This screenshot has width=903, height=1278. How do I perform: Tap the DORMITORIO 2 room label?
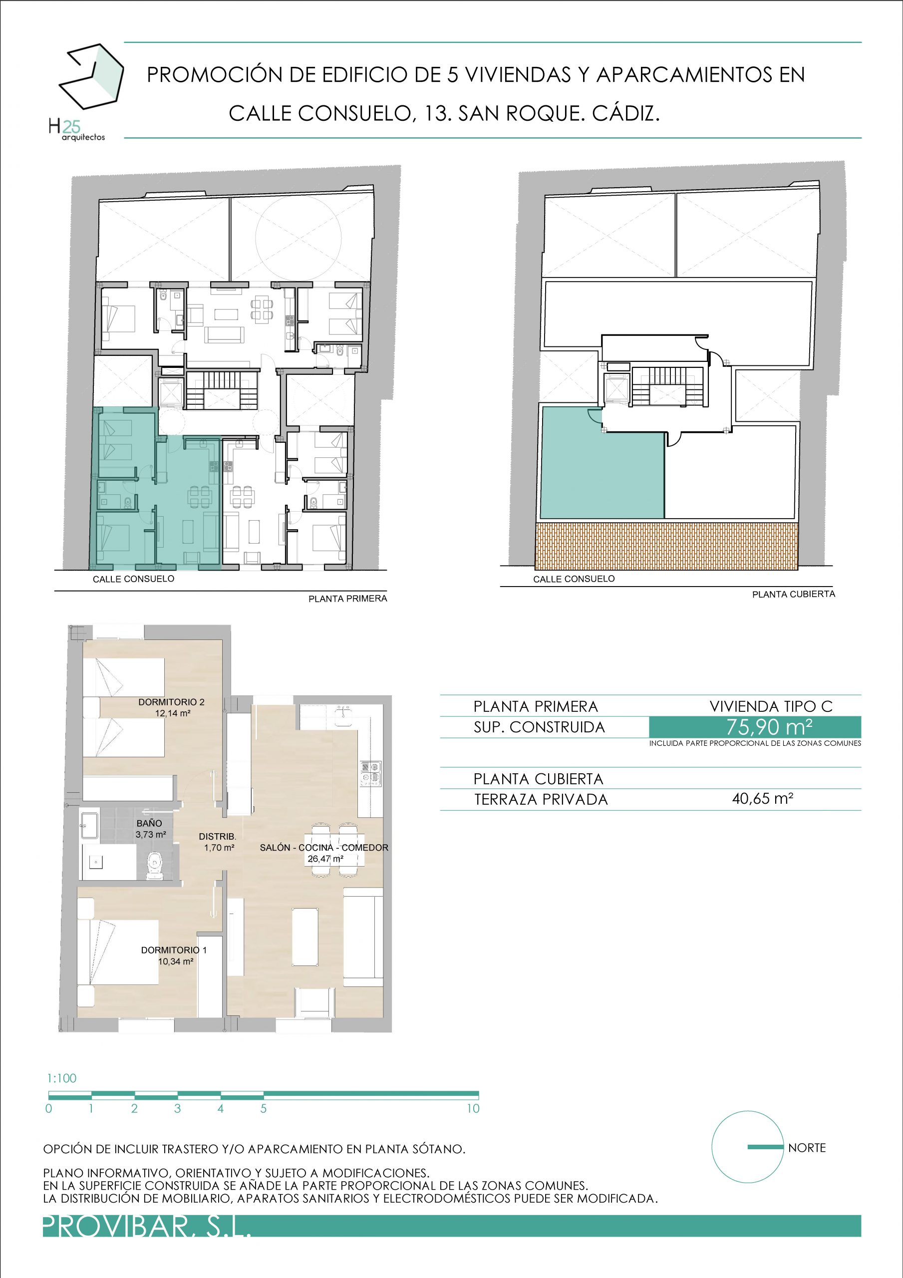pyautogui.click(x=172, y=707)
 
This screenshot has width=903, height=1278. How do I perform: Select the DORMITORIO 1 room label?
pyautogui.click(x=174, y=955)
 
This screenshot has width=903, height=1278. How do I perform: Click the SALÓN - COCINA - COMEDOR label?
pyautogui.click(x=324, y=848)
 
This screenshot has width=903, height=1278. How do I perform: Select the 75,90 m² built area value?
pyautogui.click(x=769, y=727)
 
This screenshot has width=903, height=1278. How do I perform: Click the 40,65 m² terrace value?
pyautogui.click(x=763, y=799)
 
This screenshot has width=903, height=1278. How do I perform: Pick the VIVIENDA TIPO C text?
pyautogui.click(x=771, y=706)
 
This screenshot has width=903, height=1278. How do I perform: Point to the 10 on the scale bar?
pyautogui.click(x=473, y=1108)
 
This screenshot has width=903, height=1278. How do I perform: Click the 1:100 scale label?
pyautogui.click(x=62, y=1078)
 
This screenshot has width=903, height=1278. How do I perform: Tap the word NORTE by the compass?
pyautogui.click(x=807, y=1148)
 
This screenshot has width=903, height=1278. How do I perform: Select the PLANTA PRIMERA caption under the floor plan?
pyautogui.click(x=348, y=599)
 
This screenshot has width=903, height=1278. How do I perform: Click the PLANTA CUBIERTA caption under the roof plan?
pyautogui.click(x=793, y=594)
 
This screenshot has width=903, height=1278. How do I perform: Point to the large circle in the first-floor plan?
pyautogui.click(x=299, y=238)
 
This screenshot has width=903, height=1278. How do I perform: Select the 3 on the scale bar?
pyautogui.click(x=177, y=1108)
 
